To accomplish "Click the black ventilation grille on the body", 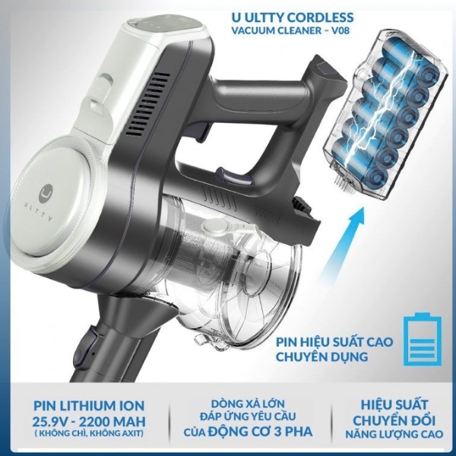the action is (x=147, y=104).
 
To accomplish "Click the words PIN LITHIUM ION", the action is (x=89, y=406).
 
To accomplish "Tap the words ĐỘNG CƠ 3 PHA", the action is (x=261, y=431).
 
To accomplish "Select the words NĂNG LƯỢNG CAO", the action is (x=394, y=435).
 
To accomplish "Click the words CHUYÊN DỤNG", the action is (x=322, y=356).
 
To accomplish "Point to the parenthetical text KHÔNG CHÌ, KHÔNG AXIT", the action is (x=89, y=433).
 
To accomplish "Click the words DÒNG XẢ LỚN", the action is (x=248, y=404).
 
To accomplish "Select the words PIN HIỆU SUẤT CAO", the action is (x=334, y=342).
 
